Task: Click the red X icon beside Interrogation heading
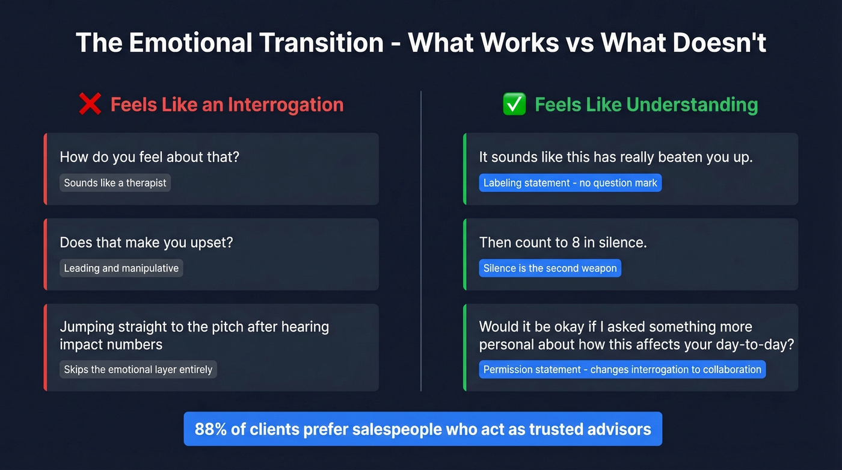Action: (x=90, y=105)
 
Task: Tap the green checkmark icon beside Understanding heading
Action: (x=514, y=105)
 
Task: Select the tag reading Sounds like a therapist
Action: (x=115, y=183)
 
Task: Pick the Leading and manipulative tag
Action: (x=121, y=268)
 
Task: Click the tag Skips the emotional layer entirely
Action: (x=138, y=370)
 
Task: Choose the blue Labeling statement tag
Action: (x=570, y=183)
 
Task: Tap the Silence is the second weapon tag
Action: (x=550, y=268)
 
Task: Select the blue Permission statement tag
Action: (x=622, y=370)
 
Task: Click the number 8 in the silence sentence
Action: (x=577, y=243)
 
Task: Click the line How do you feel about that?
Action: (x=149, y=157)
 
